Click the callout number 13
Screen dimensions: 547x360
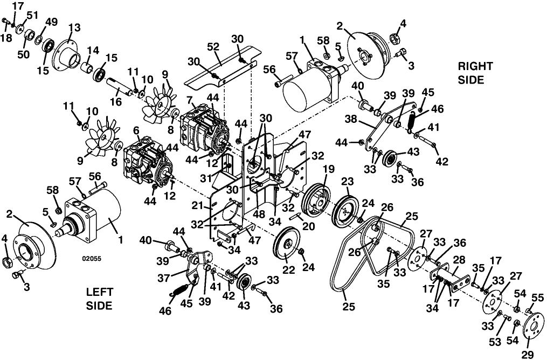click(x=75, y=27)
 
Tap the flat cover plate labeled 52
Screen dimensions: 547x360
click(x=222, y=66)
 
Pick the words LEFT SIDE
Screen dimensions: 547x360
click(x=99, y=299)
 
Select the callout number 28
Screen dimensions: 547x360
click(x=459, y=260)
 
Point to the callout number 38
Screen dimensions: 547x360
click(x=351, y=119)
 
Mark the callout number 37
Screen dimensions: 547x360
click(x=164, y=278)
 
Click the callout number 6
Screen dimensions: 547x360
click(x=136, y=130)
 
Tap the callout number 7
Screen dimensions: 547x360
click(x=190, y=100)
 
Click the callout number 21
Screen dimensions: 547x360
click(x=197, y=206)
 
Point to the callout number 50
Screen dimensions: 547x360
click(x=24, y=55)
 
